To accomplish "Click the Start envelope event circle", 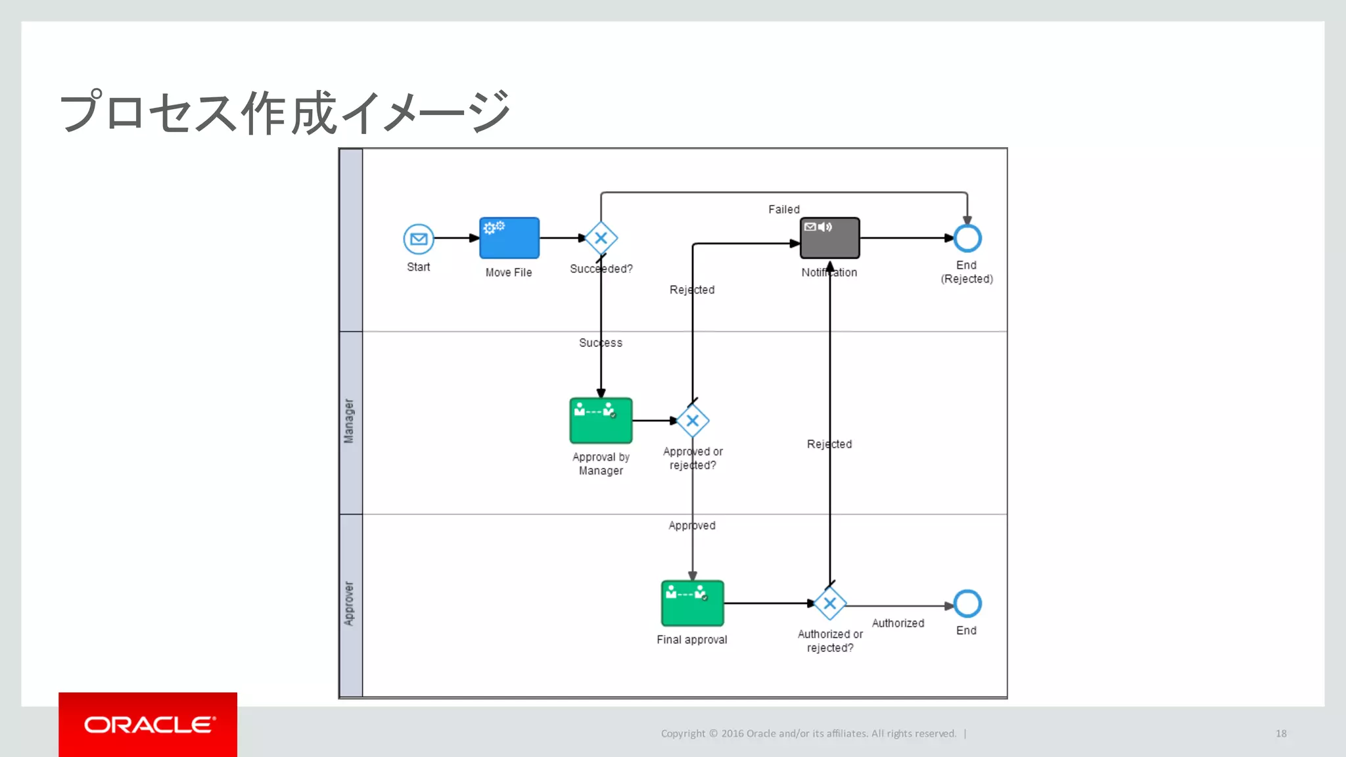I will click(419, 239).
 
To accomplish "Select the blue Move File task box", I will click(509, 238).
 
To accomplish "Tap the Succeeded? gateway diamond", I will click(601, 238).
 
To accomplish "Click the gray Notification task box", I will click(829, 238).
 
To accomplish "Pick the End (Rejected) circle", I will click(967, 238).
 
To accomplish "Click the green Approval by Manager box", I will click(601, 421).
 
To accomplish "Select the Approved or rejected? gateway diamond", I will click(692, 421).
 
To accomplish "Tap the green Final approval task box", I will click(692, 603).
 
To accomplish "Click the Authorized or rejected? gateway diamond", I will click(829, 603).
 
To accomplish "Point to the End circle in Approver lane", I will click(967, 603).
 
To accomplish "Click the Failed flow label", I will click(783, 210).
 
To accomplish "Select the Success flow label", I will click(600, 343).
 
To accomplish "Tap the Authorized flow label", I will click(898, 623).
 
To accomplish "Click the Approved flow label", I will click(691, 526).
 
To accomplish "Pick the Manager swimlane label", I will click(349, 421).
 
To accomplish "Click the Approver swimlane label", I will click(349, 603).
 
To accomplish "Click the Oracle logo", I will click(148, 724).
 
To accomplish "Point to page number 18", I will click(1281, 733).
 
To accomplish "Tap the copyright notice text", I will click(808, 733).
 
